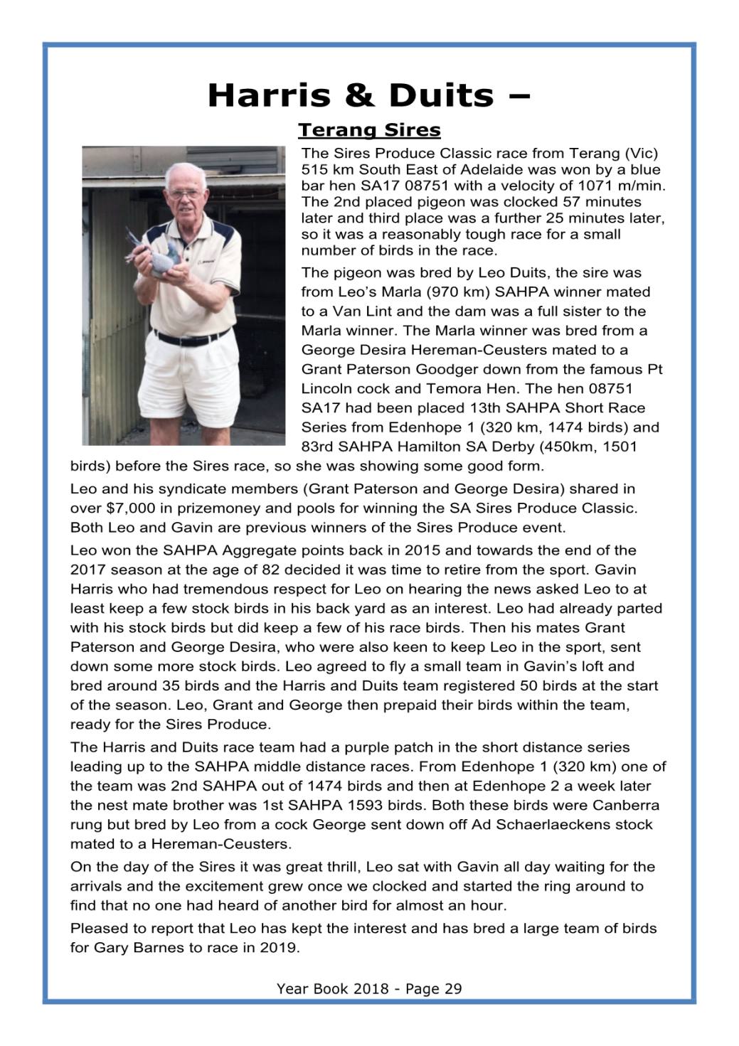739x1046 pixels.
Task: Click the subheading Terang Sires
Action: click(369, 131)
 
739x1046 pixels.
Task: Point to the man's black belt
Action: click(193, 334)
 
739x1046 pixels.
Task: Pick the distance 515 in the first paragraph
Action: click(314, 169)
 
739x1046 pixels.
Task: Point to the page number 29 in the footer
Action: click(453, 988)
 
